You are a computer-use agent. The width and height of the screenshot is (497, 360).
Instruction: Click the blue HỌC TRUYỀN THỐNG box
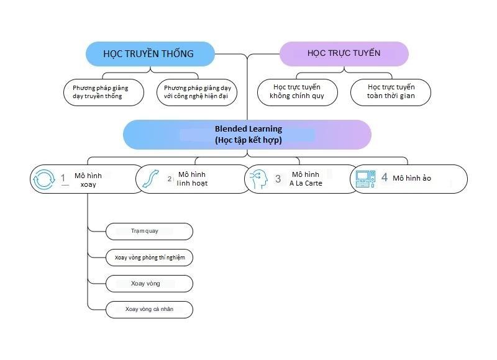coord(149,53)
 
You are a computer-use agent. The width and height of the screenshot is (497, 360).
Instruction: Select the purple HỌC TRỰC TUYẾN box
coord(344,53)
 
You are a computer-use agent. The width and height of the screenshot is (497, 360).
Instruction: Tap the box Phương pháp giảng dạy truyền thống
coord(104,92)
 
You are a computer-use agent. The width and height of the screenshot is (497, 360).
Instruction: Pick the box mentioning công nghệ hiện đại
coord(196,92)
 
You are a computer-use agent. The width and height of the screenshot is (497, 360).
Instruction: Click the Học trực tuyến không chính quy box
coord(298,92)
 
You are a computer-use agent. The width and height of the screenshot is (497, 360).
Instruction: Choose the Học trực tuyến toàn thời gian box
coord(391,92)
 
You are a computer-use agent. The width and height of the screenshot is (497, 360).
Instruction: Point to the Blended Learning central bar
coord(247,134)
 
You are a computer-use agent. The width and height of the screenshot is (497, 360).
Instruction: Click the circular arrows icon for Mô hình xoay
coord(44,179)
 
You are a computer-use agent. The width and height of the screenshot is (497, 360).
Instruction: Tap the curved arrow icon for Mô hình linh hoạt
coord(149,179)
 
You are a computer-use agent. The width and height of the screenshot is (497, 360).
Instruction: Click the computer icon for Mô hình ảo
coord(365,179)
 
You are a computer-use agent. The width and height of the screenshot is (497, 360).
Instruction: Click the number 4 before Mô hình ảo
coord(384,178)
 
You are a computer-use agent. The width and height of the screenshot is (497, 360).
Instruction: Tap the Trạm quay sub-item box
coord(148,232)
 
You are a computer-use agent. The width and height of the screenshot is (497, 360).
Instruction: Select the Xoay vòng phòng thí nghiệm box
coord(149,257)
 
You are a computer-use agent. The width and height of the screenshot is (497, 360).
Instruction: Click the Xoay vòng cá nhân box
coord(149,309)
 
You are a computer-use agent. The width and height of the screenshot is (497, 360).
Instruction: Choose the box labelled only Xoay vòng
coord(148,284)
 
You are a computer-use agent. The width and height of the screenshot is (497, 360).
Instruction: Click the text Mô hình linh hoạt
coord(191,179)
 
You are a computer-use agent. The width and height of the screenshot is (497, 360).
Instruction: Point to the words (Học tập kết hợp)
coord(248,140)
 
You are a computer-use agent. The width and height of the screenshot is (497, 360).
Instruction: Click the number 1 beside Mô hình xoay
coord(63,179)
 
